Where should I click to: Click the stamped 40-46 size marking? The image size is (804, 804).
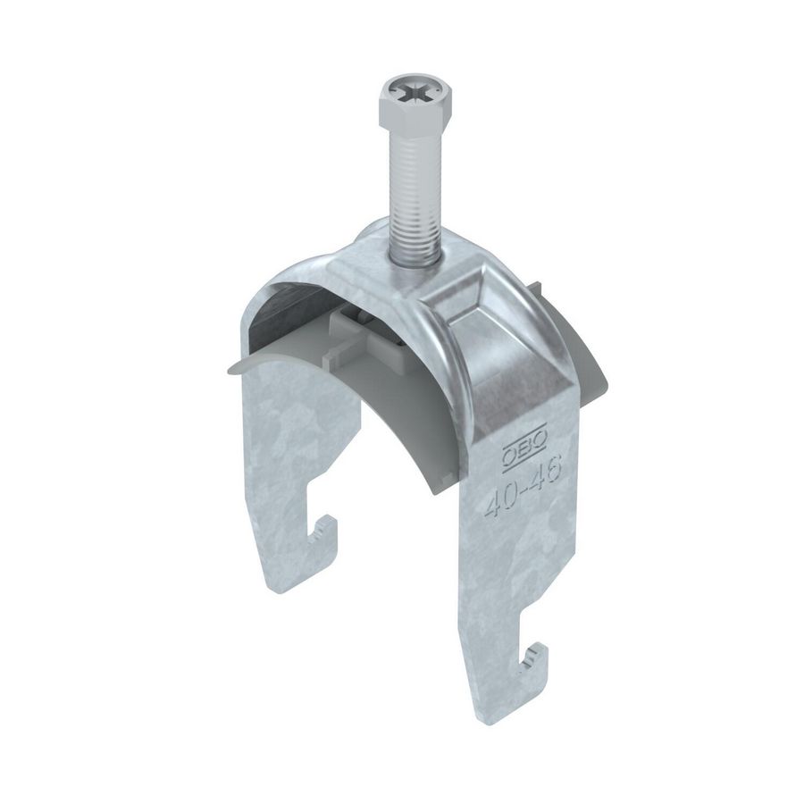(522, 491)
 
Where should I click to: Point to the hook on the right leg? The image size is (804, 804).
(534, 661)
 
